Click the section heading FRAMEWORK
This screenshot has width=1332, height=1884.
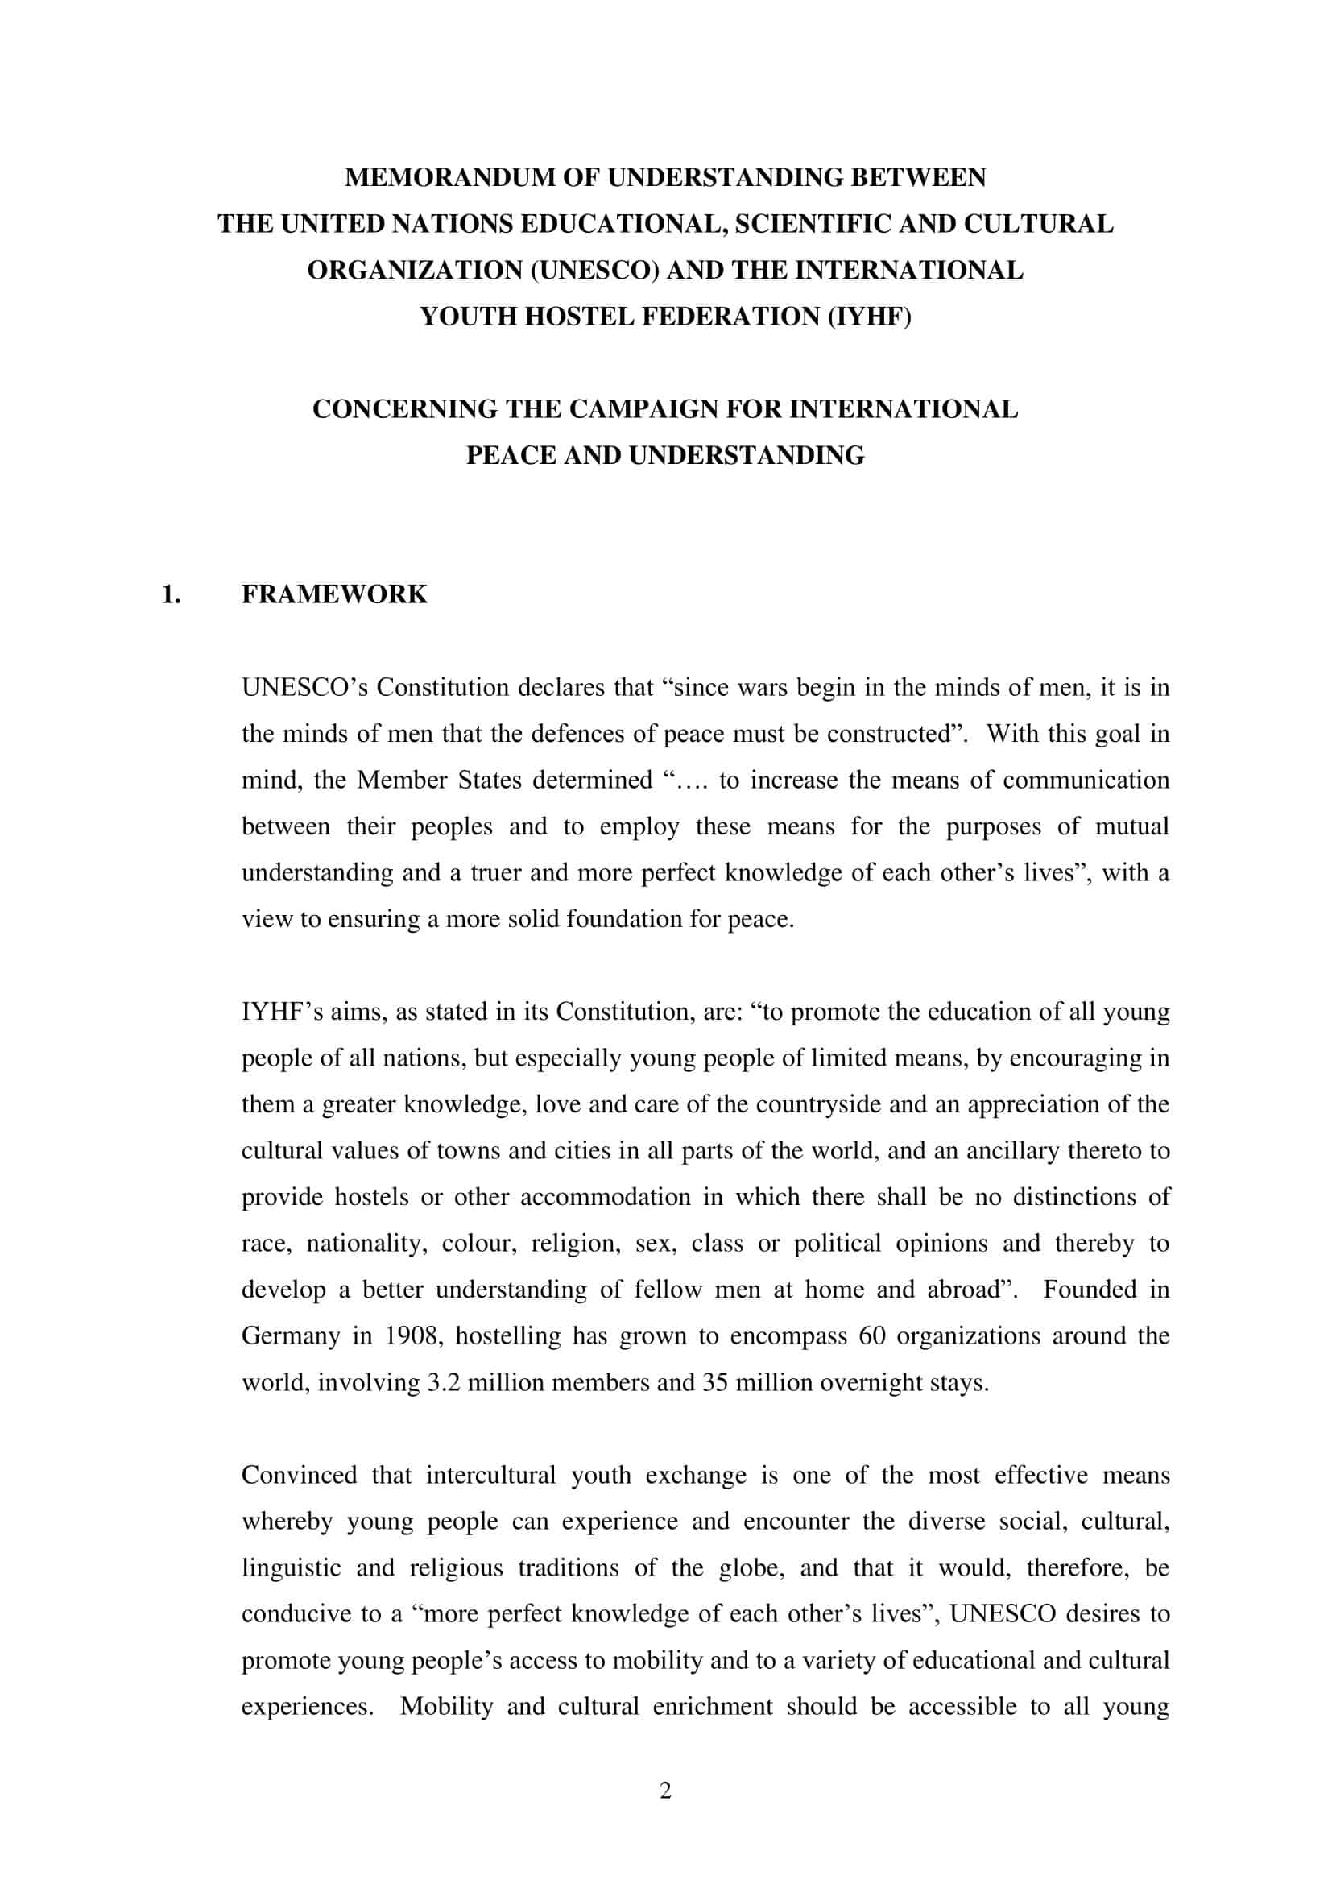click(334, 594)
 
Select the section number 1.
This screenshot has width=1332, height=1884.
click(171, 594)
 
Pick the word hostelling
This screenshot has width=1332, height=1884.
click(508, 1335)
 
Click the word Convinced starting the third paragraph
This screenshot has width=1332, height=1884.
click(300, 1476)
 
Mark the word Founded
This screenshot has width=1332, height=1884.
click(1090, 1290)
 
